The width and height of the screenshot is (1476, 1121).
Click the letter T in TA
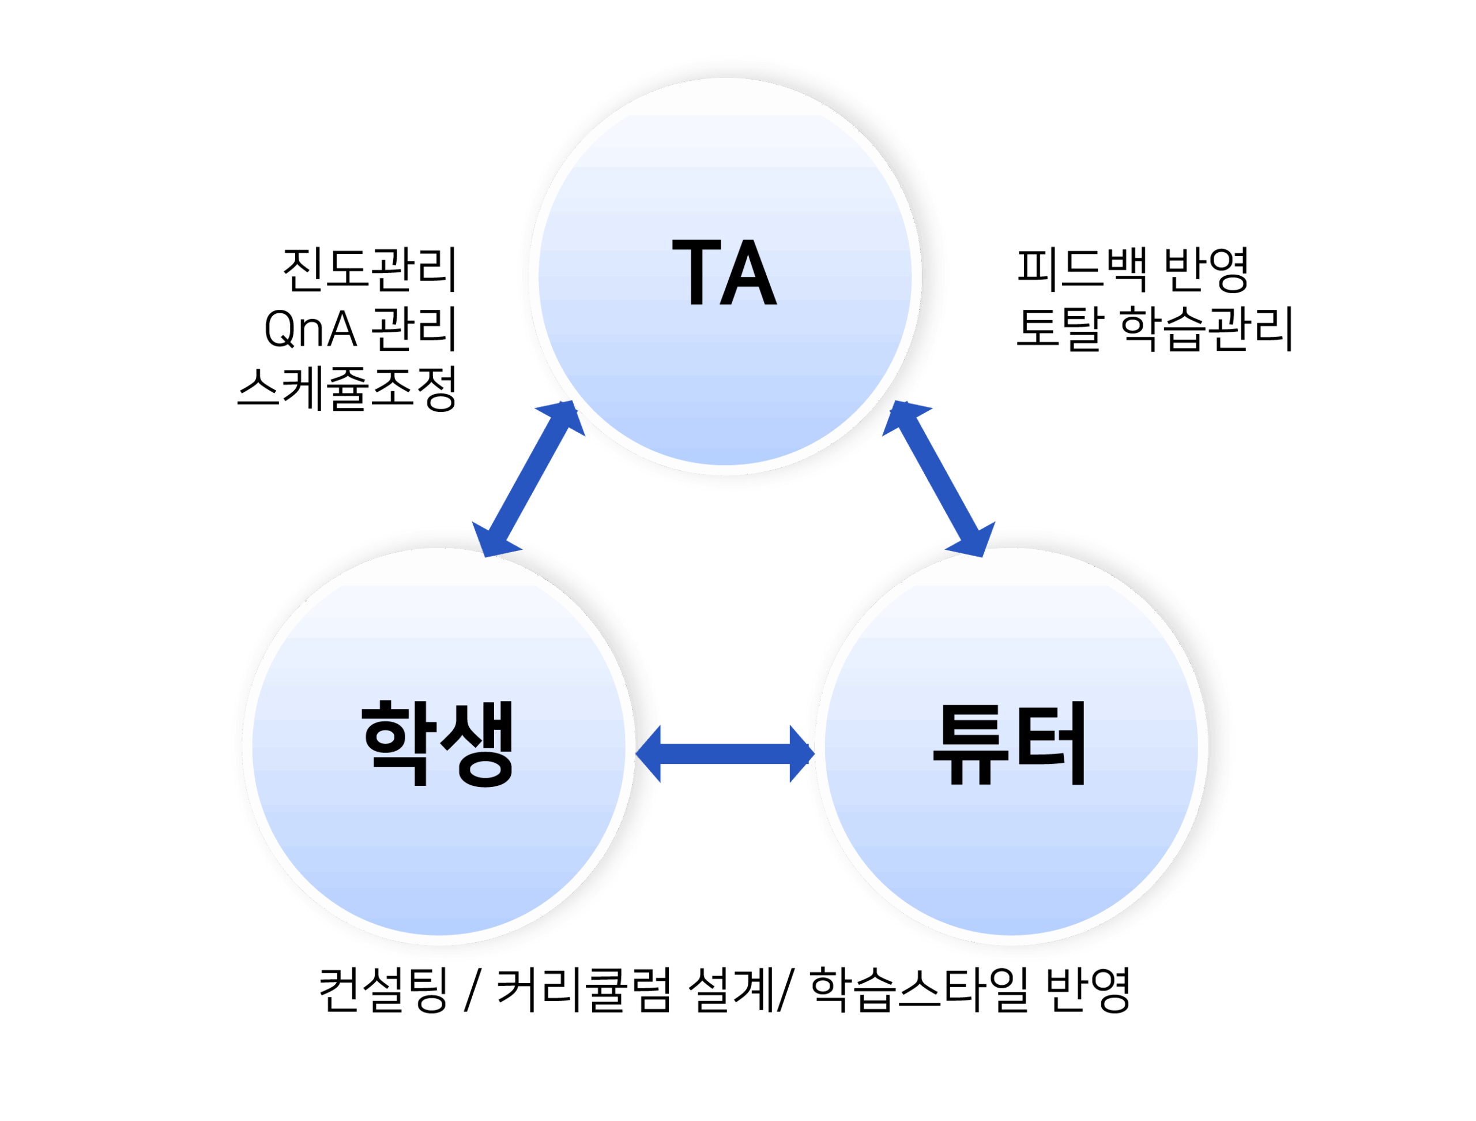pyautogui.click(x=696, y=272)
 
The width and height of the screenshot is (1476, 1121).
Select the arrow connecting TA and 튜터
pyautogui.click(x=939, y=479)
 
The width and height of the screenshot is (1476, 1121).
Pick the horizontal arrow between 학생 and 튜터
pyautogui.click(x=725, y=754)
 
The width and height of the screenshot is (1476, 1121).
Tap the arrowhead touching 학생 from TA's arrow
pyautogui.click(x=492, y=542)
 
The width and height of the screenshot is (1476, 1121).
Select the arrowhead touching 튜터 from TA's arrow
pyautogui.click(x=976, y=542)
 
